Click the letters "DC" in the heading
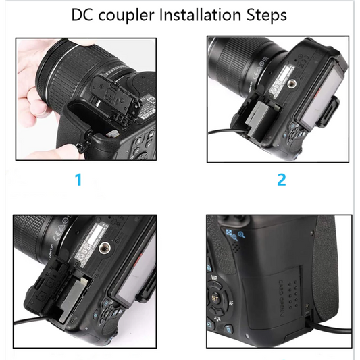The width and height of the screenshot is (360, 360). pos(83,15)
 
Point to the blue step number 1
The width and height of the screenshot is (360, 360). pos(78,180)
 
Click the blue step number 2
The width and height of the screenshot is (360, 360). pos(281,180)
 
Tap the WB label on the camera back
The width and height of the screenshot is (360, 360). pos(214,277)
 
